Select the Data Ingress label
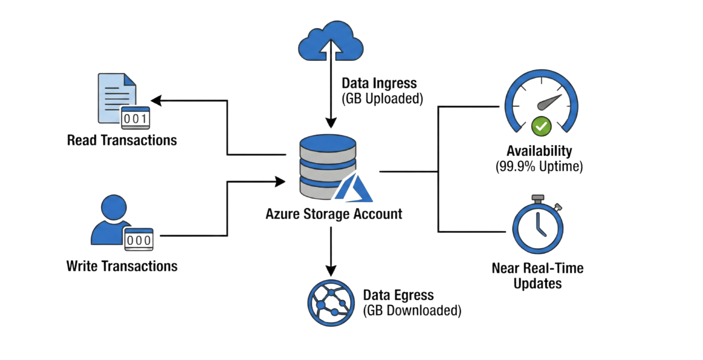[379, 83]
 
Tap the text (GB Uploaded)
[382, 99]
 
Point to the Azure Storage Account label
[334, 214]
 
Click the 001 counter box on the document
[135, 118]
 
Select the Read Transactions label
[122, 140]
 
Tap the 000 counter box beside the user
[138, 240]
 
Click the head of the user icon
[114, 207]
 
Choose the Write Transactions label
[122, 266]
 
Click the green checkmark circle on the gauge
[541, 126]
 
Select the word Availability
[539, 151]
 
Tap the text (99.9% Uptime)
[539, 167]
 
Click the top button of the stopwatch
[538, 199]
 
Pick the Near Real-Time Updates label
[537, 276]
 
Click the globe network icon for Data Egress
[331, 303]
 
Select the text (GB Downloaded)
[412, 311]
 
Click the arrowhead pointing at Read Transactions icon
[156, 100]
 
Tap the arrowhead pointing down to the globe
[331, 271]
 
